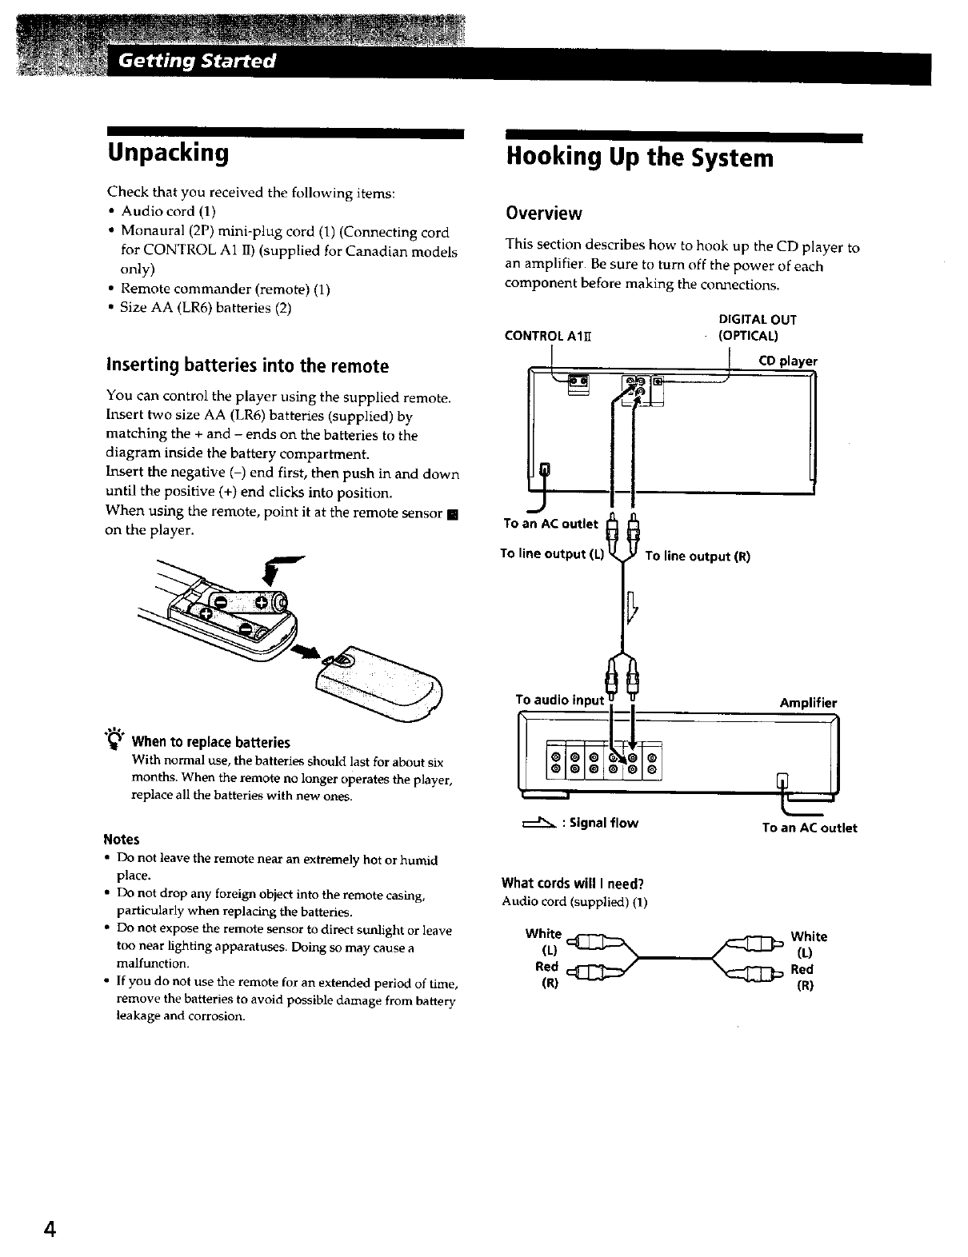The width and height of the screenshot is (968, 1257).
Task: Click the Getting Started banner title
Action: click(x=197, y=62)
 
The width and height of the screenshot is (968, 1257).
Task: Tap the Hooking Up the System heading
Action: click(x=640, y=158)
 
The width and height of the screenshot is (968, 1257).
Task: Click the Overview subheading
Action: click(x=543, y=213)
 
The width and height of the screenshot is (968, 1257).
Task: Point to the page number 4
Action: click(x=50, y=1230)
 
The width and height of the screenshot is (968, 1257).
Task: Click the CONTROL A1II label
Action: click(x=547, y=336)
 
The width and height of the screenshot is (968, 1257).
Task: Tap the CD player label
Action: click(x=788, y=361)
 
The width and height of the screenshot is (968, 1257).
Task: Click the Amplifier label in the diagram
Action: click(x=808, y=703)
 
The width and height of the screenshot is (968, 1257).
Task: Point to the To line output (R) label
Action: click(x=697, y=557)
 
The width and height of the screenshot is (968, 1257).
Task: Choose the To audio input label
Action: click(x=560, y=700)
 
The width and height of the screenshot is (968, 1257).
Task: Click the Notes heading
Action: click(x=122, y=839)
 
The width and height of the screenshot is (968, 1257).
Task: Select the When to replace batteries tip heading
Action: click(x=210, y=742)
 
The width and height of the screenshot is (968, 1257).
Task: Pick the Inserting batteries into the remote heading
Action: click(x=247, y=366)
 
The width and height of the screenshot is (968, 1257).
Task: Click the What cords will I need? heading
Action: click(x=572, y=884)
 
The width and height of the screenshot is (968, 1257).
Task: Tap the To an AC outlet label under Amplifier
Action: click(x=809, y=828)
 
